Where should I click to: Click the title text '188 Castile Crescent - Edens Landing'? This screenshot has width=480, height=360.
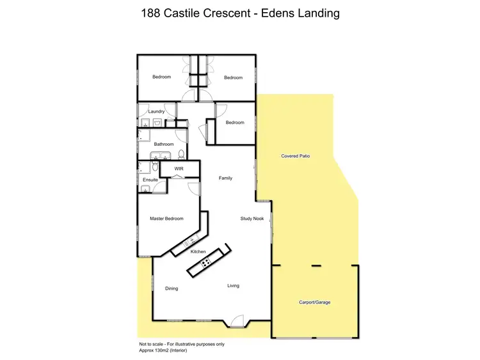pyautogui.click(x=240, y=13)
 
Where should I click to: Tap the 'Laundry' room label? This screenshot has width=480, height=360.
pyautogui.click(x=157, y=111)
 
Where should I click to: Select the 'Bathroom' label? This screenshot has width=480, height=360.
pyautogui.click(x=164, y=144)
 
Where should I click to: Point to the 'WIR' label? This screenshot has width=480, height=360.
pyautogui.click(x=179, y=169)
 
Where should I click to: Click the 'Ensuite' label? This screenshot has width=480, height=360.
pyautogui.click(x=150, y=180)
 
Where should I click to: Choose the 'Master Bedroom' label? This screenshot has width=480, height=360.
pyautogui.click(x=166, y=219)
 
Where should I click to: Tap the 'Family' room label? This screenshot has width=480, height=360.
pyautogui.click(x=225, y=178)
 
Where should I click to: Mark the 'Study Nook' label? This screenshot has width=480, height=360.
pyautogui.click(x=252, y=219)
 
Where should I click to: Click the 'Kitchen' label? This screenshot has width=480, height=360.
pyautogui.click(x=198, y=252)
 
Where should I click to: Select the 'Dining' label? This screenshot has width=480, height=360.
pyautogui.click(x=172, y=288)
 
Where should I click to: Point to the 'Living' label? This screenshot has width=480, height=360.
pyautogui.click(x=233, y=285)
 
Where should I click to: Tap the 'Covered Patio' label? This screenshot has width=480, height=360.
pyautogui.click(x=296, y=156)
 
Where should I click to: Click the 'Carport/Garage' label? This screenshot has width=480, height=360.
pyautogui.click(x=315, y=301)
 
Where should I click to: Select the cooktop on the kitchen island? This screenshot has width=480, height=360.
pyautogui.click(x=206, y=263)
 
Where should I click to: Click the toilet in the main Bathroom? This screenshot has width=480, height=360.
pyautogui.click(x=181, y=154)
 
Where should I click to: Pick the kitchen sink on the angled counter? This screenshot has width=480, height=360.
pyautogui.click(x=189, y=241)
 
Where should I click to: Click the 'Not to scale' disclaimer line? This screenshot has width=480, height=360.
pyautogui.click(x=181, y=344)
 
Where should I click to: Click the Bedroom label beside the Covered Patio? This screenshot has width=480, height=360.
pyautogui.click(x=235, y=123)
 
